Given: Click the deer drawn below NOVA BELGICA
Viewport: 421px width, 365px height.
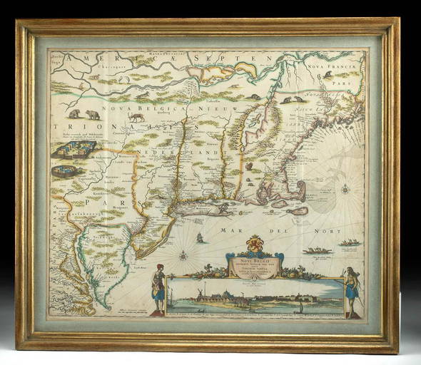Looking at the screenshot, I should click(x=136, y=115).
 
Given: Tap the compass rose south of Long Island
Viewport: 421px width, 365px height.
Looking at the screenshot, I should click(x=183, y=254).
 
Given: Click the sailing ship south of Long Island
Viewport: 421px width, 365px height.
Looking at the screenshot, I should click(x=202, y=237).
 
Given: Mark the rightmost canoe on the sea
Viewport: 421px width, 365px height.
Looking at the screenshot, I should click(x=350, y=243).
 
